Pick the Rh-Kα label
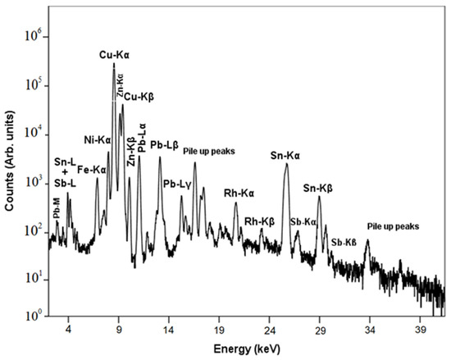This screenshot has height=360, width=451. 239,194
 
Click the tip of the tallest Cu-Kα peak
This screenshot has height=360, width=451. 114,63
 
